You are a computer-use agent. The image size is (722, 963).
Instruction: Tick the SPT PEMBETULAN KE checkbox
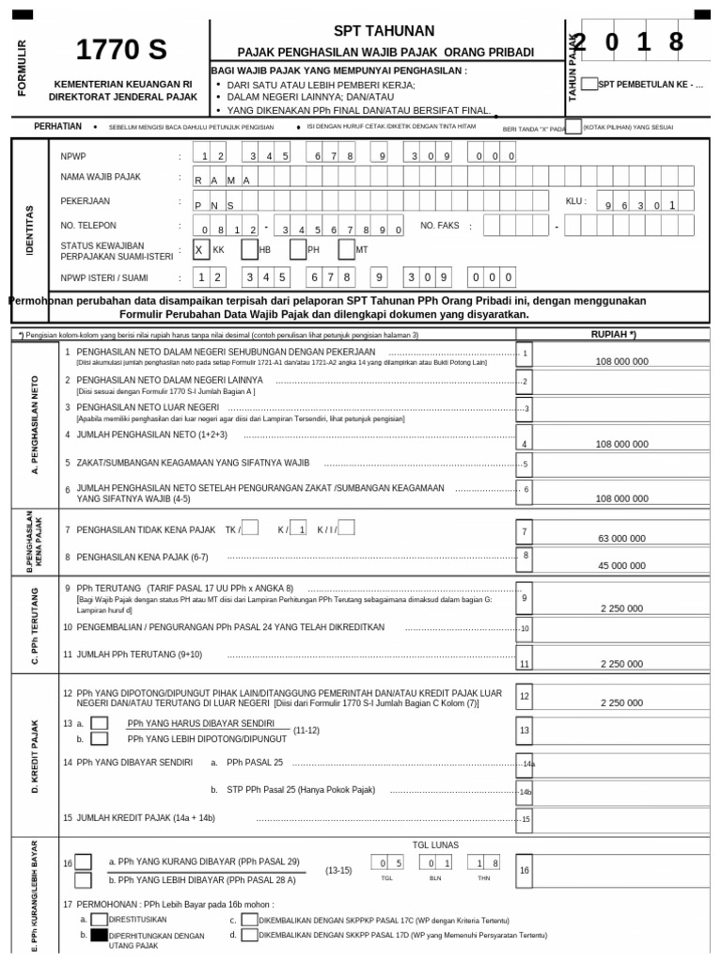point(589,84)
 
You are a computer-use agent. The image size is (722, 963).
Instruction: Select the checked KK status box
point(201,249)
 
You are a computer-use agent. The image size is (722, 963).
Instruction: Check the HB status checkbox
point(249,249)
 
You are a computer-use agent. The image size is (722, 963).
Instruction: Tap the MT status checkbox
point(346,249)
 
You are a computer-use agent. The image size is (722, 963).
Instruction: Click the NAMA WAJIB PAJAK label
point(102,177)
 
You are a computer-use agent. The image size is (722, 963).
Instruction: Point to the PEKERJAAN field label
point(86,201)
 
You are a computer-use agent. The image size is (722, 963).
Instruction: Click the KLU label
point(575,201)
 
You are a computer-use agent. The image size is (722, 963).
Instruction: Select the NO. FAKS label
point(442,226)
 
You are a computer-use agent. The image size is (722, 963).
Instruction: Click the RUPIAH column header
point(613,334)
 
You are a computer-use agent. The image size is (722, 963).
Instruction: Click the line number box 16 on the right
point(525,871)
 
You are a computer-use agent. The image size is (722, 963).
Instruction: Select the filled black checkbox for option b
point(99,936)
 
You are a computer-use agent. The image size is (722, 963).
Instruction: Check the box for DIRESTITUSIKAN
point(99,919)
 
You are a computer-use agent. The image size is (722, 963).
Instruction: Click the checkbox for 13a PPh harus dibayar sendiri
point(99,723)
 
